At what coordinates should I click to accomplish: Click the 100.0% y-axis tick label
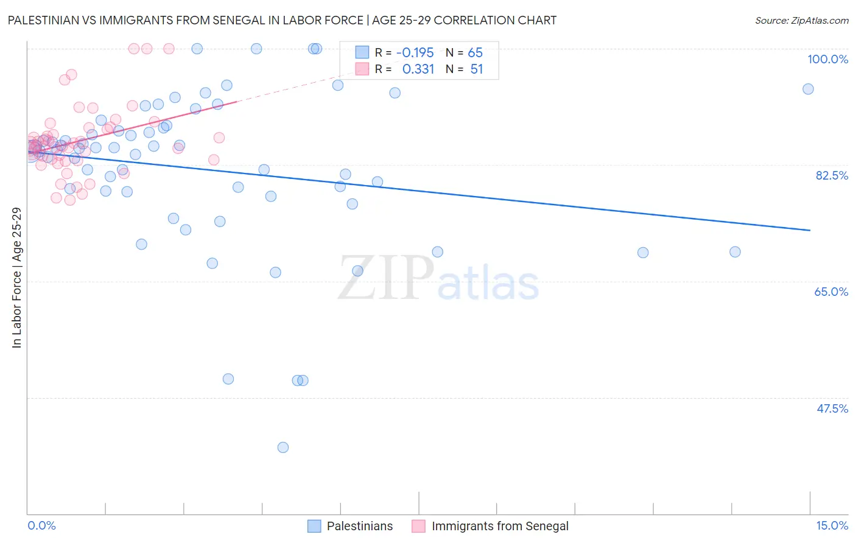pos(827,59)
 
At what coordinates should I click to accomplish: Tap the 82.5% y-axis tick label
pos(832,175)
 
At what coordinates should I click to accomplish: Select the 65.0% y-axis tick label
pos(831,292)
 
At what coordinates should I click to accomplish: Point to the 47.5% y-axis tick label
pos(832,408)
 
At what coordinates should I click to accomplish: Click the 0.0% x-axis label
pos(41,526)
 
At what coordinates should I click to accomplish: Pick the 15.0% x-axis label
pos(832,526)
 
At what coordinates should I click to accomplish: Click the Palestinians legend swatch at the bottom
pos(314,526)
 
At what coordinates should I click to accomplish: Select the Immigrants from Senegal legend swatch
pos(418,526)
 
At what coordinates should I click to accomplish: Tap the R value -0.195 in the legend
pos(415,53)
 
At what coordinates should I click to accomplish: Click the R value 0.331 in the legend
pos(418,69)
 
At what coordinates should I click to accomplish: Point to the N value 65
pos(475,53)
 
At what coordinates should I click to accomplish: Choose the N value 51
pos(476,69)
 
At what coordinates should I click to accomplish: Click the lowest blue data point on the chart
pos(283,447)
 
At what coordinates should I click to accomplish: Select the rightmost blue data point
pos(808,89)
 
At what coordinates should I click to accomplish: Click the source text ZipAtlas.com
pos(819,20)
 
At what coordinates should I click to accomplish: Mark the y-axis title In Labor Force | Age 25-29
pos(16,278)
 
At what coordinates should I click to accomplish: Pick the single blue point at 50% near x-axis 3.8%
pos(228,379)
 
